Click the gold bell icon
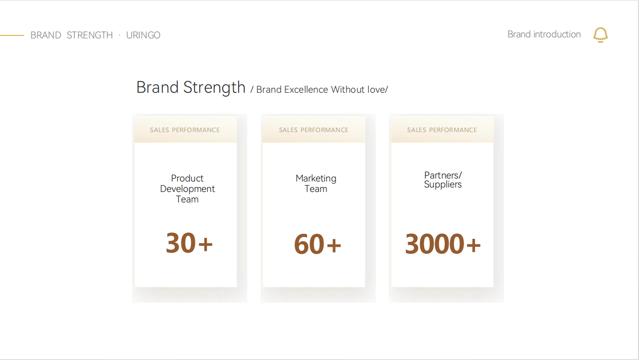point(601,35)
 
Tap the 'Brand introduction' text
point(544,34)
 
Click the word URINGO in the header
point(143,35)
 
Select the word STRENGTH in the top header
point(90,35)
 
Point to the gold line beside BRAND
point(11,35)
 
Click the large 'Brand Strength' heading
point(191,87)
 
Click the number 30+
point(189,243)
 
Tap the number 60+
point(318,244)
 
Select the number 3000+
point(443,244)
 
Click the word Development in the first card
point(187,189)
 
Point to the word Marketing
point(316,179)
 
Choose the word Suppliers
point(443,184)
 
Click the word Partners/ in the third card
point(443,175)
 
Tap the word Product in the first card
point(187,179)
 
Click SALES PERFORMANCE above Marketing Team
point(314,130)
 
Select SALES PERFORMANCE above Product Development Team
point(185,130)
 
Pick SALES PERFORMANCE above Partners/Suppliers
point(442,130)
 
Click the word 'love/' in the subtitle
point(378,90)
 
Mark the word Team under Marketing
point(316,189)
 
